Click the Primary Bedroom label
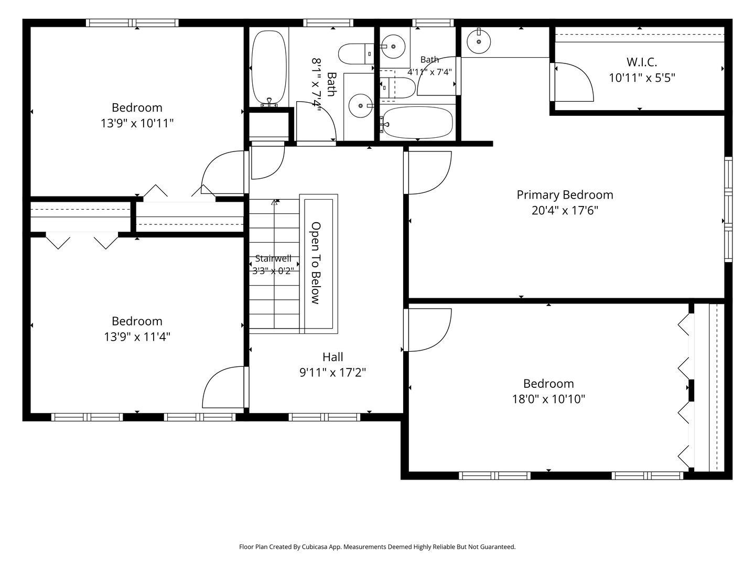pyautogui.click(x=565, y=195)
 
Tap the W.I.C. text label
pyautogui.click(x=642, y=62)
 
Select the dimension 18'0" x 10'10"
pyautogui.click(x=548, y=399)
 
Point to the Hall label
pyautogui.click(x=332, y=357)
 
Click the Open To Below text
pyautogui.click(x=316, y=263)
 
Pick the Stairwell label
pyautogui.click(x=273, y=258)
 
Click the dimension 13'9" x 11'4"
pyautogui.click(x=137, y=336)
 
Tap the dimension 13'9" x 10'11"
pyautogui.click(x=137, y=123)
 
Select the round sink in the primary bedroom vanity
pyautogui.click(x=479, y=42)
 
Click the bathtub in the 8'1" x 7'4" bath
pyautogui.click(x=269, y=68)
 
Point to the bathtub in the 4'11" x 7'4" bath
pyautogui.click(x=417, y=123)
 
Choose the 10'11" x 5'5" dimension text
pyautogui.click(x=642, y=78)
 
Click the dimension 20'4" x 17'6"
pyautogui.click(x=565, y=210)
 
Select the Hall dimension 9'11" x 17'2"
pyautogui.click(x=332, y=372)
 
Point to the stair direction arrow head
pyautogui.click(x=274, y=202)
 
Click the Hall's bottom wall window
pyautogui.click(x=325, y=417)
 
